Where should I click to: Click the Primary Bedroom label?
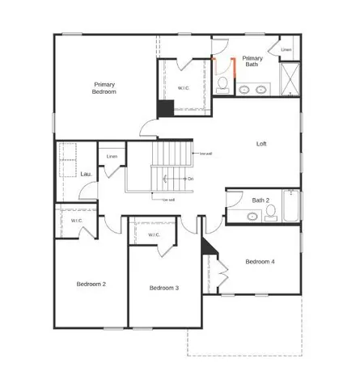[104, 88]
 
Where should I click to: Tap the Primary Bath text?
[252, 61]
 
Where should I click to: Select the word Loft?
[261, 144]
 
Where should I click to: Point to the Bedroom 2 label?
[91, 284]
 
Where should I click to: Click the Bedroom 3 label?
[164, 288]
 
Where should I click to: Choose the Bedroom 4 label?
[260, 261]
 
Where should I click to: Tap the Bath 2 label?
[260, 200]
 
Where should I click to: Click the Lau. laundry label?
[87, 173]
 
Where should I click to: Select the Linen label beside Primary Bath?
[286, 50]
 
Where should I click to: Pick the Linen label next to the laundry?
[112, 156]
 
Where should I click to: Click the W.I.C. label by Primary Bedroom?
[184, 87]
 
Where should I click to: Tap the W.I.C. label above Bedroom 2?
[76, 221]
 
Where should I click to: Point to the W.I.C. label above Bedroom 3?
[154, 235]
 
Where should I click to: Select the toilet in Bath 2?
[270, 213]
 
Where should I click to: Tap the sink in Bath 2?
[252, 216]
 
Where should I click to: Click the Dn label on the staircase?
[190, 179]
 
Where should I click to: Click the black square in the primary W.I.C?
[166, 108]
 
